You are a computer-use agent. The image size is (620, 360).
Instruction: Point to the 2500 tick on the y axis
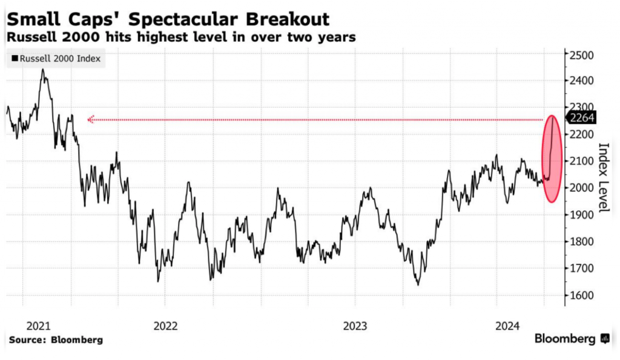coord(582,55)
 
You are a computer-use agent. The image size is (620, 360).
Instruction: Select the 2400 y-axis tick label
coord(582,81)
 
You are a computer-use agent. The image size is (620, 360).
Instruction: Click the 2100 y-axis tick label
coord(582,161)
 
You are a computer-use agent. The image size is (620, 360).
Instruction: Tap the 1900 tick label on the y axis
coord(582,215)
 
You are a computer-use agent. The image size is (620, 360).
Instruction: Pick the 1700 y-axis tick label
coord(582,269)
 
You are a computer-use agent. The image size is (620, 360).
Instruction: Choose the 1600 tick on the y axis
coord(582,295)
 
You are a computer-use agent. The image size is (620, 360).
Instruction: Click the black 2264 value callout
coord(581,119)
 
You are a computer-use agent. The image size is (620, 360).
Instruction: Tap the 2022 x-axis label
coord(166,326)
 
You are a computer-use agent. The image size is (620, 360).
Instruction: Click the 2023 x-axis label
coord(355,326)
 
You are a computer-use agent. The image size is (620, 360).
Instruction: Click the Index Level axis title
coord(603,177)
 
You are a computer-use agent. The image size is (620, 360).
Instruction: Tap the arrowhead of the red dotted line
coord(90,120)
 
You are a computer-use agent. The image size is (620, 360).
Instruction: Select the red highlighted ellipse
coord(551,159)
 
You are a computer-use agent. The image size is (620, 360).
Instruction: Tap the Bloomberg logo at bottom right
coord(572,339)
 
